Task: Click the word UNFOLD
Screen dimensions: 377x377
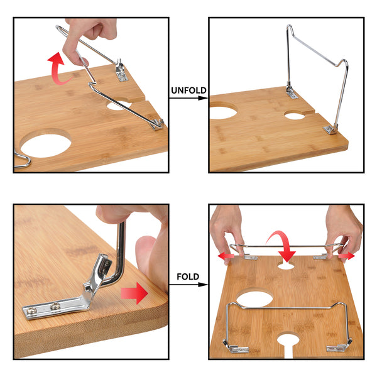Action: [188, 90]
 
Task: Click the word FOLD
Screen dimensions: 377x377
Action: [188, 276]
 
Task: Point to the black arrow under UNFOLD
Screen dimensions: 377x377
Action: [188, 99]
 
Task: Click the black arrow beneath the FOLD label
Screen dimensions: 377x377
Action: [188, 285]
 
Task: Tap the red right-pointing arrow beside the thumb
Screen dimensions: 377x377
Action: [133, 292]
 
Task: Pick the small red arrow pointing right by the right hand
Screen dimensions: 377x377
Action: [346, 256]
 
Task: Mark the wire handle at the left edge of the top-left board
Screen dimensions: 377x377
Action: [22, 160]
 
